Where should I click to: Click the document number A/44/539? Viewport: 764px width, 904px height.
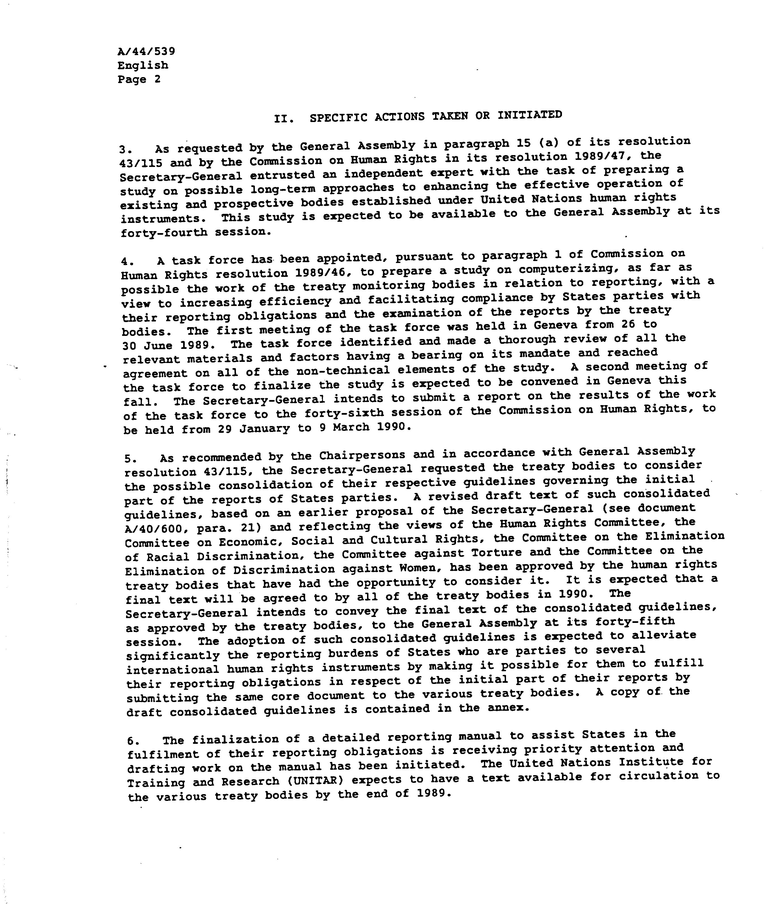pyautogui.click(x=146, y=51)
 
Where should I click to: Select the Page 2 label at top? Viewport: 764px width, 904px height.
pyautogui.click(x=139, y=80)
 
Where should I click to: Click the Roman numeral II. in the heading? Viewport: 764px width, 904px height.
pyautogui.click(x=284, y=119)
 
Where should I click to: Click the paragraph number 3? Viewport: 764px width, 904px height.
pyautogui.click(x=124, y=150)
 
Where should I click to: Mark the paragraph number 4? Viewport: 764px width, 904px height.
pyautogui.click(x=127, y=262)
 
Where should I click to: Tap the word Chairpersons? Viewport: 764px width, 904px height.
pyautogui.click(x=362, y=455)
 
